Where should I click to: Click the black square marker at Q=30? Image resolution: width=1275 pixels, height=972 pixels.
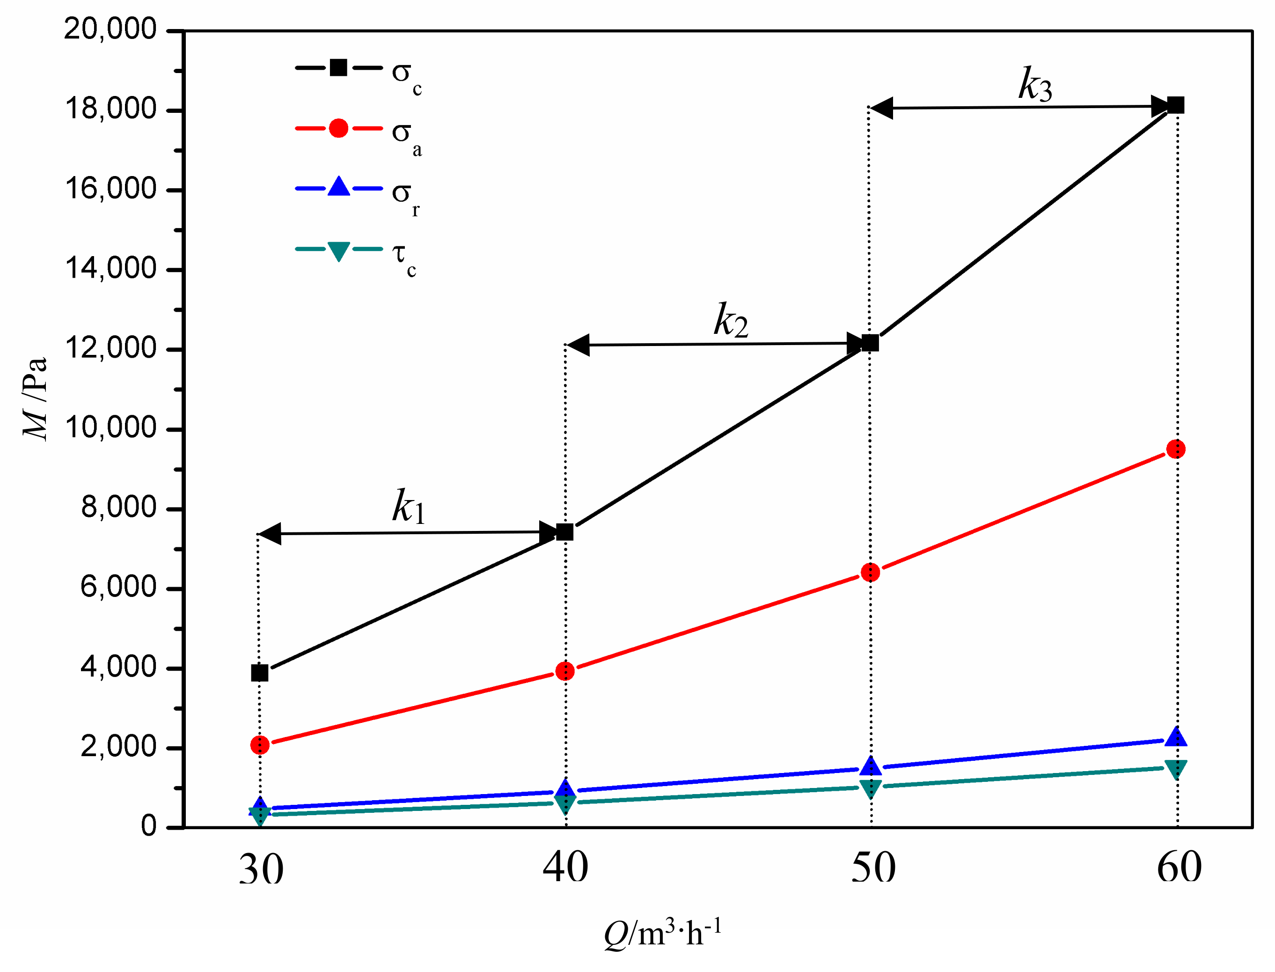[260, 673]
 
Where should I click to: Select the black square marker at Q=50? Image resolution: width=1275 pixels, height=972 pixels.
[870, 343]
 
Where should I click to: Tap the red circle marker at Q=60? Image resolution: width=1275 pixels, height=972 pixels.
[1176, 449]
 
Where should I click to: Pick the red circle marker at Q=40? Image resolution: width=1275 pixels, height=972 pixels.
[565, 671]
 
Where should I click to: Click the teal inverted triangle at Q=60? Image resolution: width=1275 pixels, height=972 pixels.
[1176, 769]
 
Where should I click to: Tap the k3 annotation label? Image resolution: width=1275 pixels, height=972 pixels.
[1035, 85]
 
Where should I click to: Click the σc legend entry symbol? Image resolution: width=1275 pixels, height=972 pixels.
[338, 68]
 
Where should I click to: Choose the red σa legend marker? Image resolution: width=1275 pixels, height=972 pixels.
[338, 128]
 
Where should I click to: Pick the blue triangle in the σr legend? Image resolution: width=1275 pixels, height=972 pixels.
[338, 187]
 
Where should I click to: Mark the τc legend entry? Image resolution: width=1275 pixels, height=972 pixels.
[338, 250]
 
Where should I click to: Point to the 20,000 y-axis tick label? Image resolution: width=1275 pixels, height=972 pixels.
[110, 29]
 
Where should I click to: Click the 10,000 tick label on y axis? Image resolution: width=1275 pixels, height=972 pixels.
[110, 428]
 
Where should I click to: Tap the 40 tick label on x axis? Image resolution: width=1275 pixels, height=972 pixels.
[565, 868]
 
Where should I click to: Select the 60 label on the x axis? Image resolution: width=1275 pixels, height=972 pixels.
[1179, 868]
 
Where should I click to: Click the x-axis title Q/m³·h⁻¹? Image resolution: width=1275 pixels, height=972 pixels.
[663, 933]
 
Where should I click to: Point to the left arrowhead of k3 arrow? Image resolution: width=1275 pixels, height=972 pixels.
[882, 108]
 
